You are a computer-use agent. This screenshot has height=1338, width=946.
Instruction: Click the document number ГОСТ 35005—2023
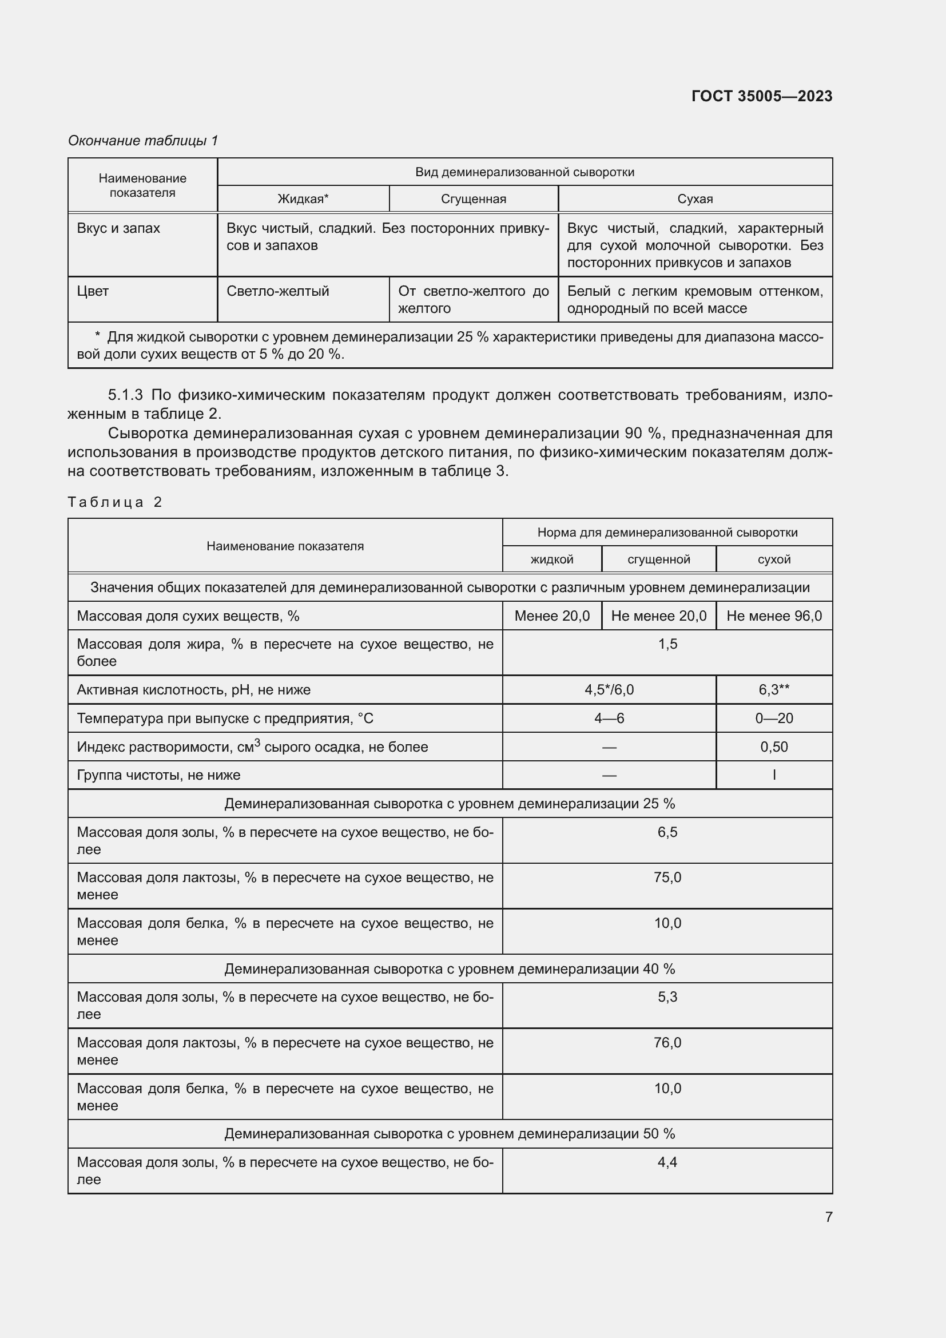761,96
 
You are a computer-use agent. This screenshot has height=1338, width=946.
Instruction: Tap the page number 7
828,1217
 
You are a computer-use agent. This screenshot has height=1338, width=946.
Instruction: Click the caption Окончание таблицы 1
143,141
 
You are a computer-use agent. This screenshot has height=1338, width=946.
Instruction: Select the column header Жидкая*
303,198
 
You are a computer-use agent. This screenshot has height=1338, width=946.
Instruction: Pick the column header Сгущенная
473,198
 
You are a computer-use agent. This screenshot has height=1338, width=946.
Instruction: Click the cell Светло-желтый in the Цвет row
278,291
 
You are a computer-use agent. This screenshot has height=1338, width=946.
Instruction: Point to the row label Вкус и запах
118,228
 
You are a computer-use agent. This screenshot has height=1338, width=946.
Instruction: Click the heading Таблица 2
115,502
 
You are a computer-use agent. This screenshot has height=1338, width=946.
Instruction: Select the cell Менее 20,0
551,616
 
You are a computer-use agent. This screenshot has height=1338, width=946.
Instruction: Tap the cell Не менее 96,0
774,616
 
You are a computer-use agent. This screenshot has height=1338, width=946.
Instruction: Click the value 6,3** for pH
774,689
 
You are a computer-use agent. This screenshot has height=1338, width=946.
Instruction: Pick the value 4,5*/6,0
609,689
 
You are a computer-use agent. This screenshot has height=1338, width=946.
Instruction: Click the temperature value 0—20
774,718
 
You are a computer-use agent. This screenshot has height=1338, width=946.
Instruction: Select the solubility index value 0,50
774,747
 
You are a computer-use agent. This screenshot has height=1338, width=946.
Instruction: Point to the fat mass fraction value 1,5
667,644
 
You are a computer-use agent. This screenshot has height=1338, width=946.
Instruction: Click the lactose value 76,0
667,1043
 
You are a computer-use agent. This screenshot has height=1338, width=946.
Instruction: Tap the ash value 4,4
667,1162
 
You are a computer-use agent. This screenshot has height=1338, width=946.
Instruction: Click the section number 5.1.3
125,395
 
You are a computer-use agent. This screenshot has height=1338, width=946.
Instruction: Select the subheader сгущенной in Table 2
658,559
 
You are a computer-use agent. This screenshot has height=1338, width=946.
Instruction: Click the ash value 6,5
667,832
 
